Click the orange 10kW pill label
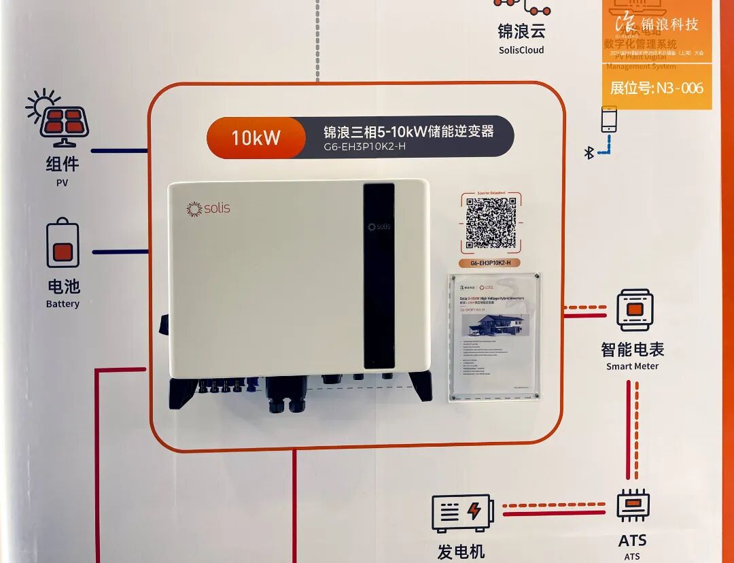[256, 137]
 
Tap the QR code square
[491, 224]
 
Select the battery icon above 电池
[63, 243]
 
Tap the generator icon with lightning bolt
[461, 513]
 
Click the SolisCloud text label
[521, 50]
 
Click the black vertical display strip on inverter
[379, 275]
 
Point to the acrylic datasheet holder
[495, 337]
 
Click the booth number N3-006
[657, 88]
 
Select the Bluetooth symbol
[589, 153]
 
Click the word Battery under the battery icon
[63, 304]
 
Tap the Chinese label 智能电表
[632, 349]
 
